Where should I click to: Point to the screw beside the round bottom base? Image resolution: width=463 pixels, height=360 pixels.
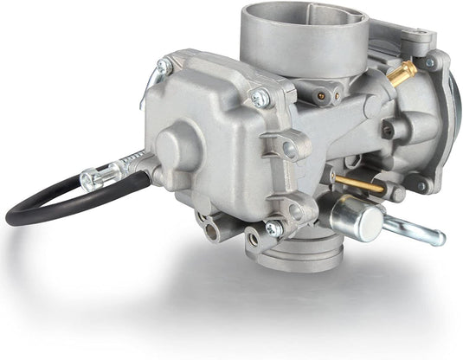pyautogui.click(x=273, y=228)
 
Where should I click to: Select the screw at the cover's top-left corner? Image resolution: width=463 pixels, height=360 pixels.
pyautogui.click(x=164, y=65)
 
